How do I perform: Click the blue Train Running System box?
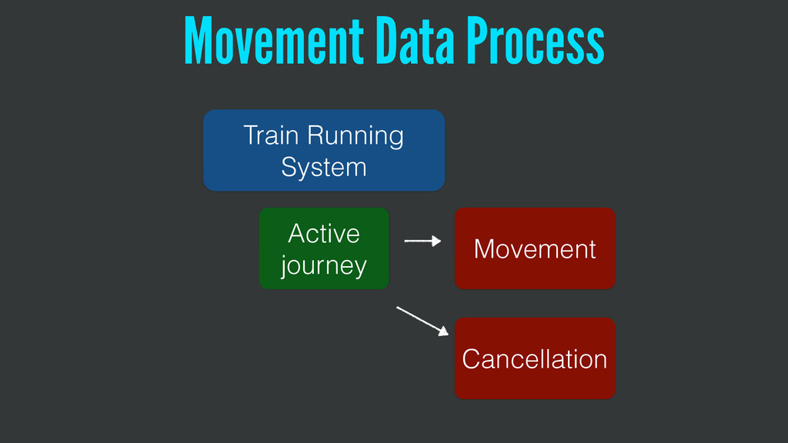323,150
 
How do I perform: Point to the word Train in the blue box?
270,135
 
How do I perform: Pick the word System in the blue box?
323,167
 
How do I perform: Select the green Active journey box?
323,248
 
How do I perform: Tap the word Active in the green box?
323,232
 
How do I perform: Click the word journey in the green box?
323,266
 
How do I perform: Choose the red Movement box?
535,248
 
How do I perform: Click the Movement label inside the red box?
535,249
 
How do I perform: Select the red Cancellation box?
535,358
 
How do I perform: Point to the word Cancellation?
535,359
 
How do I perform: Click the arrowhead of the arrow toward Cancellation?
442,332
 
